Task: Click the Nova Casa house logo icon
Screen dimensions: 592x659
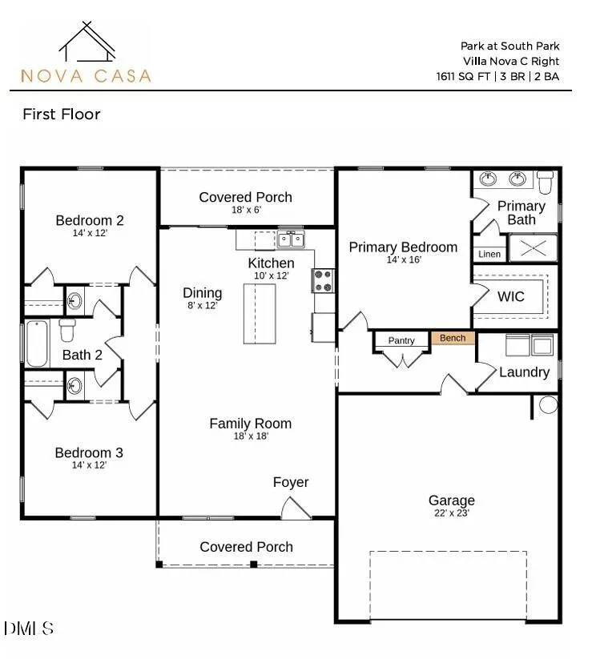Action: [x=87, y=42]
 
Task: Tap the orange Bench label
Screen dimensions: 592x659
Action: [x=453, y=338]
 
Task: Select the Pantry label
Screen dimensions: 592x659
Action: [x=401, y=340]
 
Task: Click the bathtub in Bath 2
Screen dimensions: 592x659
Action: [x=37, y=344]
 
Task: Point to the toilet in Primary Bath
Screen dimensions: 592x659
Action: [x=546, y=182]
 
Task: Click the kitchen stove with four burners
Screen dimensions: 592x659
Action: [x=323, y=281]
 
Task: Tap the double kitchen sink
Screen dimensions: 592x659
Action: [x=291, y=239]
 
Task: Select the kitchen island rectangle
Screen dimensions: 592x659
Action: [x=260, y=314]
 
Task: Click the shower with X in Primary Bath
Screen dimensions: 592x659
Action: [x=534, y=248]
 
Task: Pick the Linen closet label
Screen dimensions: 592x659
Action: [x=489, y=255]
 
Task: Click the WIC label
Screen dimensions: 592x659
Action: [x=511, y=296]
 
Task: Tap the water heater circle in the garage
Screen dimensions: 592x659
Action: [x=548, y=404]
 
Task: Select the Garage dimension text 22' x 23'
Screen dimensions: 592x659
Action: [x=452, y=512]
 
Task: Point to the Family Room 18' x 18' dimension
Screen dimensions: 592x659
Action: [x=251, y=436]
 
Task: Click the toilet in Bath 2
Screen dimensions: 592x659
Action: [x=67, y=330]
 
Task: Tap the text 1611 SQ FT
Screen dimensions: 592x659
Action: [x=463, y=77]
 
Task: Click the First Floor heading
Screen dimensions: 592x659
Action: [x=62, y=114]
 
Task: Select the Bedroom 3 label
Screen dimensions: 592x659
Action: [x=89, y=452]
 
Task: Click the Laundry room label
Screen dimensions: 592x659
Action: [x=524, y=372]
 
